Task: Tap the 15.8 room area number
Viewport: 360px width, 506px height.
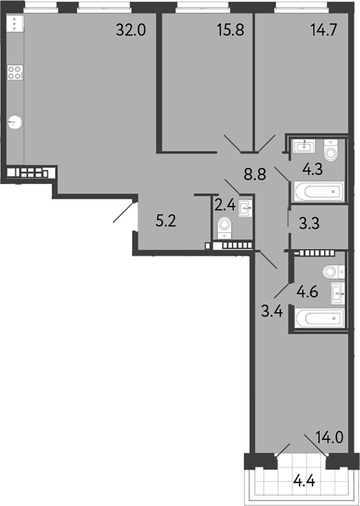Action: point(230,30)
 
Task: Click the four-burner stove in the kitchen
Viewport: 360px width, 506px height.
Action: point(15,72)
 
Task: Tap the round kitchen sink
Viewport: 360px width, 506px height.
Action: point(16,122)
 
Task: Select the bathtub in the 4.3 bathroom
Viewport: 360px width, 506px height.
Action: point(319,191)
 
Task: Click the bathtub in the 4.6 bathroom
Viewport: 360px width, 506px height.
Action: point(319,318)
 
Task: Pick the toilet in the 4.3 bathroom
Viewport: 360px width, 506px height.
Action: point(331,151)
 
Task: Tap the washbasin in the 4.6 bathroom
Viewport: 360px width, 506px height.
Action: point(337,292)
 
